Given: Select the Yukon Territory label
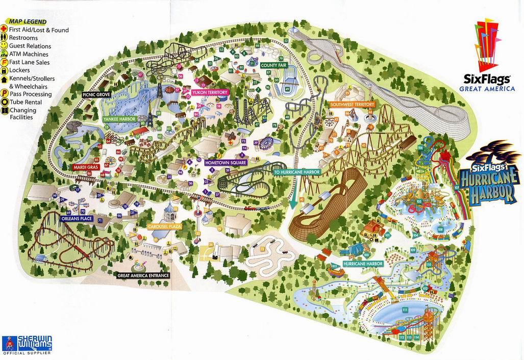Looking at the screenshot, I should (x=210, y=92).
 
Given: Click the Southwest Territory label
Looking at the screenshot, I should (x=352, y=105).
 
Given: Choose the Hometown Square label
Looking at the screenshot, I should (x=226, y=162).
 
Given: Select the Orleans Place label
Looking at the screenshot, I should (x=76, y=218).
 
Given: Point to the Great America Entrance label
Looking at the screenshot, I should (x=143, y=275).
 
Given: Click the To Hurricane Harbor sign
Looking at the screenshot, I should (x=296, y=172).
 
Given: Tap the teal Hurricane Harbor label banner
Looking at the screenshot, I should (x=363, y=264).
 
